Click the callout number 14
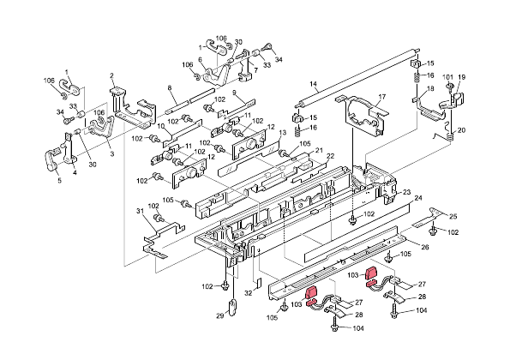[x=314, y=84]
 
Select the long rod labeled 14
[x=351, y=86]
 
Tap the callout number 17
[x=382, y=96]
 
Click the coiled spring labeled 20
[x=444, y=135]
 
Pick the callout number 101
[x=447, y=78]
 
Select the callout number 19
[x=461, y=78]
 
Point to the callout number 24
[x=419, y=198]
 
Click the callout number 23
[x=407, y=191]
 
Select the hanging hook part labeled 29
[x=231, y=309]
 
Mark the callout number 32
[x=248, y=292]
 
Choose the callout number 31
[x=141, y=211]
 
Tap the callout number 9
[x=234, y=92]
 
